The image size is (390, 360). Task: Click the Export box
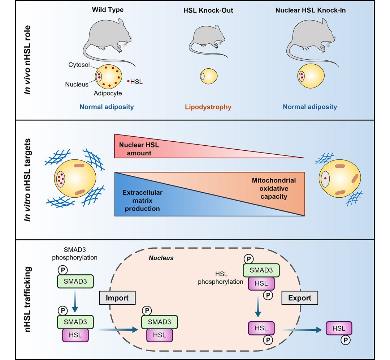(x=300, y=298)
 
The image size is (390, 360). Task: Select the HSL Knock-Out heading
(x=208, y=10)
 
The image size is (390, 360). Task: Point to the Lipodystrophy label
(x=208, y=107)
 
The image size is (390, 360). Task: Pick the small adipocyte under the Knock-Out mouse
(x=209, y=76)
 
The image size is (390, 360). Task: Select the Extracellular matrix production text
(x=142, y=201)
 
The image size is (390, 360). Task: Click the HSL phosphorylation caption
(x=221, y=279)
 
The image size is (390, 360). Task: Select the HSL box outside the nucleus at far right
(x=338, y=329)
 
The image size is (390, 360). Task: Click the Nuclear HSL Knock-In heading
(x=310, y=10)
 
